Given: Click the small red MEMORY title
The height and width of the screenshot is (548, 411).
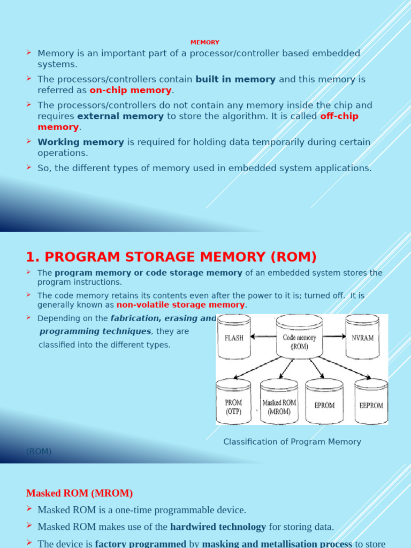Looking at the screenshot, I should (x=205, y=42).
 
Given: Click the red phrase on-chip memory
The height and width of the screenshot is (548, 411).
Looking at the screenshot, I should (x=131, y=90).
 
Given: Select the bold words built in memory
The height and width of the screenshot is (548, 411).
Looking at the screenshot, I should (x=235, y=80).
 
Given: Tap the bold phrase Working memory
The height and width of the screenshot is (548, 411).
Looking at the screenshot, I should (x=81, y=142).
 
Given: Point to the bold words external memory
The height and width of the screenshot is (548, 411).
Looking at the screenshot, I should (x=120, y=116).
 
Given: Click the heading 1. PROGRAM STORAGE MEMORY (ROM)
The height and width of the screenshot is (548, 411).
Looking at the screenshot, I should (x=171, y=257).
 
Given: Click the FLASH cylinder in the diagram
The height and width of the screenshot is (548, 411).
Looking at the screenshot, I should (x=233, y=338).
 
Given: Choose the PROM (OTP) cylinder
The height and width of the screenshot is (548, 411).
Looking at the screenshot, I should (x=233, y=404).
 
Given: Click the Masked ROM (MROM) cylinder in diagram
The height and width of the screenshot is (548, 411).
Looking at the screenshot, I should (x=279, y=405).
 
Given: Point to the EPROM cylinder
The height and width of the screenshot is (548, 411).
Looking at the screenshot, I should (x=324, y=405).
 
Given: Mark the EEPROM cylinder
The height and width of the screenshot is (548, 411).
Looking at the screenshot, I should (x=371, y=405).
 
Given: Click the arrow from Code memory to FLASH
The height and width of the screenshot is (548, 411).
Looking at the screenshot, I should (x=263, y=337).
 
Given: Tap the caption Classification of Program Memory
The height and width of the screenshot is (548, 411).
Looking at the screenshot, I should (x=292, y=442).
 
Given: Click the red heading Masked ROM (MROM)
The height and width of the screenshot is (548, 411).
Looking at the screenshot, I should (x=79, y=493).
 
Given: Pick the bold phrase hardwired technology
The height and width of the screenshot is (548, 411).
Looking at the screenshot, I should (x=218, y=527).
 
